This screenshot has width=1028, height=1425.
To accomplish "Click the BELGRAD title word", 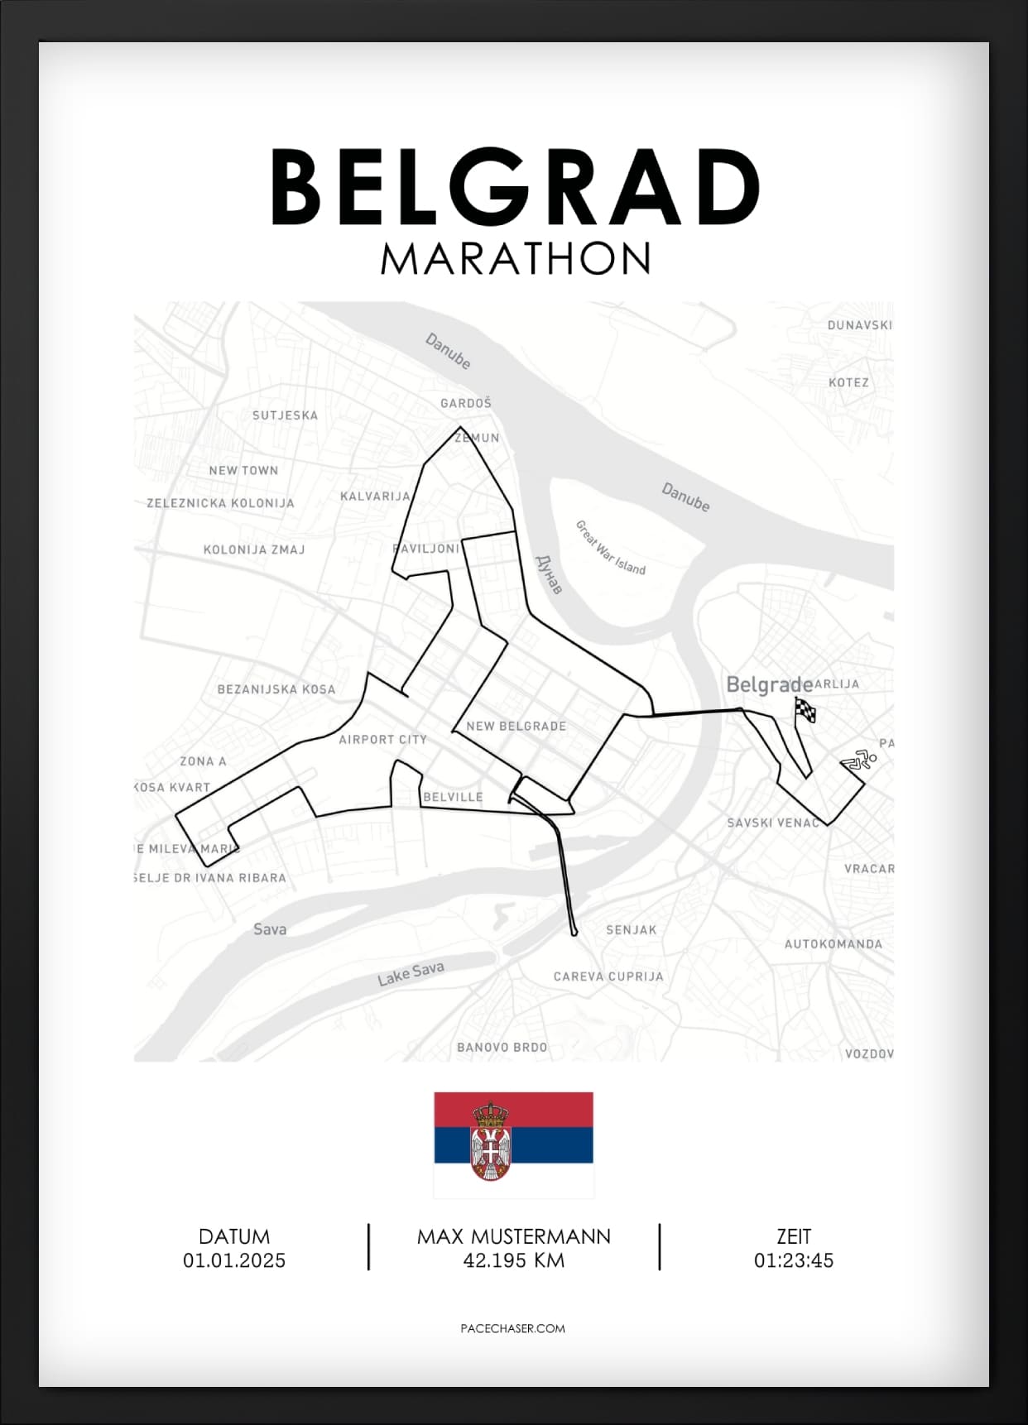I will coord(515,187).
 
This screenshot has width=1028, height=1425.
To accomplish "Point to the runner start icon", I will coord(859,760).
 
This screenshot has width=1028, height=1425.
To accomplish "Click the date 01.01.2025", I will coord(234,1260).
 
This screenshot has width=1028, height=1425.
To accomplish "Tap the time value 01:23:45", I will coord(793,1260).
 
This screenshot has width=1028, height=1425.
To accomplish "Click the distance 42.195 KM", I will coord(513,1260).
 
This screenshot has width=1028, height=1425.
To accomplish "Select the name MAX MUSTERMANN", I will coord(513,1236).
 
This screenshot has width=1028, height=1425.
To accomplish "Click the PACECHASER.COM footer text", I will coord(512,1328).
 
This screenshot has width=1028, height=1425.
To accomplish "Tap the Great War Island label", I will coord(610,547).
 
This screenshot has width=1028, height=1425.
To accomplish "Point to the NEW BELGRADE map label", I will coord(516,726).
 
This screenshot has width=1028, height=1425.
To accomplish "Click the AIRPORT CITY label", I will coord(382,739).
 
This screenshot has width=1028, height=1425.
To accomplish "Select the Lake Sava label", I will coord(411,973).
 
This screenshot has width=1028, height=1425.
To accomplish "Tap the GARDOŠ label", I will coord(466,403).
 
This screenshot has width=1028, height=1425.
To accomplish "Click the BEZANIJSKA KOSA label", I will coord(276,689).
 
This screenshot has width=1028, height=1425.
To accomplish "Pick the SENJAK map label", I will coord(631,929).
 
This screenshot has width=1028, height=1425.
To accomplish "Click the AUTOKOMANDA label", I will coord(833,943).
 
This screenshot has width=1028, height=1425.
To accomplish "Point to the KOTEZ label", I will coord(848,382).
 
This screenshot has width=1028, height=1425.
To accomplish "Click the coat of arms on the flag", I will coord(490,1140).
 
